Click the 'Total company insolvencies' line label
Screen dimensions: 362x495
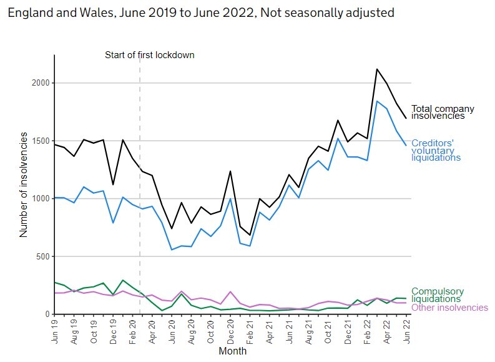click(442, 112)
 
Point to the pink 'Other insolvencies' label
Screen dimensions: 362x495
click(449, 308)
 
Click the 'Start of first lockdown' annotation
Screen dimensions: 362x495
click(149, 55)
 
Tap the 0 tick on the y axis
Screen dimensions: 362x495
click(46, 314)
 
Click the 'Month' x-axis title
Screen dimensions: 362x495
click(232, 351)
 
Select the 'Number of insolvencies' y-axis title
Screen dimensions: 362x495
click(24, 184)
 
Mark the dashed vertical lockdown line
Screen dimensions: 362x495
click(140, 188)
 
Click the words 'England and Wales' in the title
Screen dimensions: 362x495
click(47, 12)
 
